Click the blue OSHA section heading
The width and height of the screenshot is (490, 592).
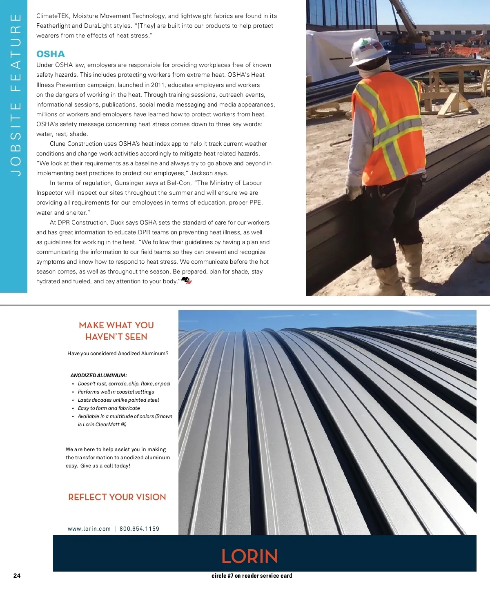pyautogui.click(x=51, y=54)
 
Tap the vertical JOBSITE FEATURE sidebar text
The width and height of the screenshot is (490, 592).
pyautogui.click(x=16, y=95)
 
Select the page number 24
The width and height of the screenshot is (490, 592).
pyautogui.click(x=17, y=576)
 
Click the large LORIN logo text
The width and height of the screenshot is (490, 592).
pyautogui.click(x=249, y=556)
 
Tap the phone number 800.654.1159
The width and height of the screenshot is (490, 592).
pyautogui.click(x=139, y=529)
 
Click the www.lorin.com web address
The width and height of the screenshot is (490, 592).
pyautogui.click(x=89, y=529)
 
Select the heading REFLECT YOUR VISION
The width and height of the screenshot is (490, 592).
pyautogui.click(x=117, y=497)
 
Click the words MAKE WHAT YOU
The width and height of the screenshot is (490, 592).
pyautogui.click(x=116, y=325)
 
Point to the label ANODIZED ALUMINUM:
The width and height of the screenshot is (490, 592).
pyautogui.click(x=98, y=375)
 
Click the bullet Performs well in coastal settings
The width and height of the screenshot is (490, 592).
pyautogui.click(x=116, y=392)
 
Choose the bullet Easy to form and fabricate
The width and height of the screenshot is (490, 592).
pyautogui.click(x=109, y=408)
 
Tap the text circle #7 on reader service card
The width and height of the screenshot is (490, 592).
pyautogui.click(x=252, y=576)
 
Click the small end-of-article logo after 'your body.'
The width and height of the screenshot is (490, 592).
pyautogui.click(x=186, y=280)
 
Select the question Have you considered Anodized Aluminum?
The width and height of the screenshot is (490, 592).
pyautogui.click(x=118, y=354)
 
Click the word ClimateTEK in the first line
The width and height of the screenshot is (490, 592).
pyautogui.click(x=53, y=16)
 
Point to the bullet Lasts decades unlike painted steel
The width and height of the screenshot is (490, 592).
pyautogui.click(x=118, y=400)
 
